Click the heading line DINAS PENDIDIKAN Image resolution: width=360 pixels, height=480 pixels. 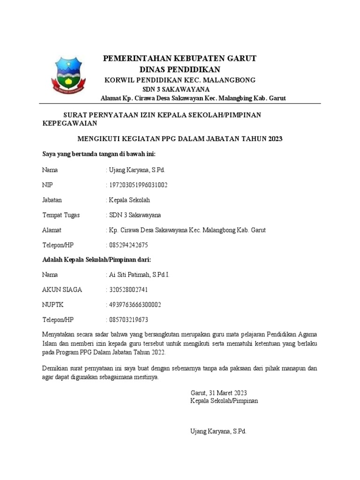pos(180,69)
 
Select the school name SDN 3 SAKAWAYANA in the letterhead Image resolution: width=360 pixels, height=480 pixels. pos(176,89)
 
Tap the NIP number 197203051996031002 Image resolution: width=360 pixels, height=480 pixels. pos(137,185)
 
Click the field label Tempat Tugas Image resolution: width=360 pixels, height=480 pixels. pos(61,215)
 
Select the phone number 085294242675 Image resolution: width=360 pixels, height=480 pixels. pos(128,245)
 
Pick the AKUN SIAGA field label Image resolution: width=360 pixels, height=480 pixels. pos(62,290)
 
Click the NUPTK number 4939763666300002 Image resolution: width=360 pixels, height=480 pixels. pos(135,305)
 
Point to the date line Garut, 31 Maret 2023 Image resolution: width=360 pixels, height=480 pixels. pos(218,393)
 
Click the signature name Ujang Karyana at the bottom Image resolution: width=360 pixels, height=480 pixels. pos(218,431)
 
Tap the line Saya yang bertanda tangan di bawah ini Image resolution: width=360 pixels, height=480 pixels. pos(99,154)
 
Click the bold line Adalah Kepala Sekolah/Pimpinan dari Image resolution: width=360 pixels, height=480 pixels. pos(97,259)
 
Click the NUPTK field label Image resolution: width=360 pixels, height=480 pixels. pos(52,305)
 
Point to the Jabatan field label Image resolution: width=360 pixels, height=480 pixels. pos(52,200)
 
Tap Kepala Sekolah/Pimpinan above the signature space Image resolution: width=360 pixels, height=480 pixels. pos(224,401)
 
